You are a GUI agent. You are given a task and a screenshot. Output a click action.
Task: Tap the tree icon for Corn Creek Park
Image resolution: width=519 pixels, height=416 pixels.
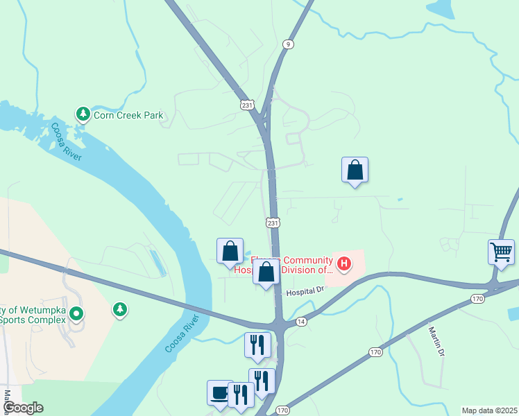coord(83,113)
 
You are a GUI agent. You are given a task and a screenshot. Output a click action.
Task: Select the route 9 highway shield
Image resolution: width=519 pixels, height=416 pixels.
coord(287,44)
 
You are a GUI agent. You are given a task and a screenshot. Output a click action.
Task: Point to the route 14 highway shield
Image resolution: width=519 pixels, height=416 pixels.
coord(300,322)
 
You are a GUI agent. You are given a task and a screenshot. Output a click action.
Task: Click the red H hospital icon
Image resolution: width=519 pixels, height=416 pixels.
coord(343,263)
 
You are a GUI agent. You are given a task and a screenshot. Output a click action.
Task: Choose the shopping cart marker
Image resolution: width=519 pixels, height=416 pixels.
coord(501,252)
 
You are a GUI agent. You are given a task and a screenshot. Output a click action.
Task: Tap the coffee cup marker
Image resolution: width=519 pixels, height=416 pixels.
coord(219,392)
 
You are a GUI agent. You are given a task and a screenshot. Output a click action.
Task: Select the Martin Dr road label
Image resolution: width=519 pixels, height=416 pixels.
coord(435,342)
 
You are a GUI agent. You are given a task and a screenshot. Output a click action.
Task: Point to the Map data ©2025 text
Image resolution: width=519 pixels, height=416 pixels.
coord(489,410)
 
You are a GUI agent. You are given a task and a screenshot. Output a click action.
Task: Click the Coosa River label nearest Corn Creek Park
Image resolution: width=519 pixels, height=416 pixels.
coord(67,141)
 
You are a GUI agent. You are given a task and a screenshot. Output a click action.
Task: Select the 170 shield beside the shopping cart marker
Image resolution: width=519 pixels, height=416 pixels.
coord(477,299)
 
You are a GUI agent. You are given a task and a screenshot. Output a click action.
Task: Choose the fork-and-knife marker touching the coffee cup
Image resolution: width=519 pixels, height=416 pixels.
coord(241,395)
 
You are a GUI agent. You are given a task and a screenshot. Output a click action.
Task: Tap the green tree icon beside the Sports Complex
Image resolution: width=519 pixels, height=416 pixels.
coord(120,309)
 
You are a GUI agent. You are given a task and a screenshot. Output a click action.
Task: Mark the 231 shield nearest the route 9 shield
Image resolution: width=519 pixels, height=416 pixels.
coord(248,105)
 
